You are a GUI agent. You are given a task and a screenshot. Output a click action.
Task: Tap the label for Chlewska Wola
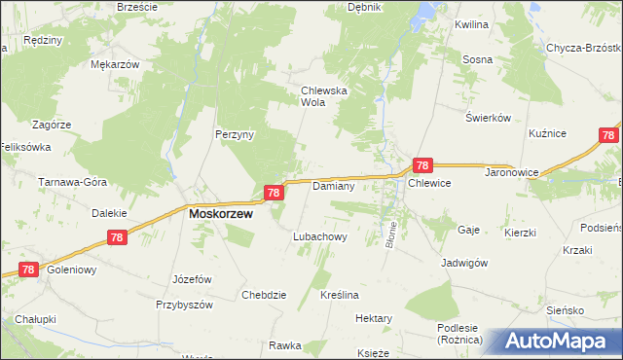[317, 95]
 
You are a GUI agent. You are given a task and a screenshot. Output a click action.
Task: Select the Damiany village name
[332, 185]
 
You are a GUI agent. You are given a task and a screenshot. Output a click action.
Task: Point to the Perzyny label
[235, 135]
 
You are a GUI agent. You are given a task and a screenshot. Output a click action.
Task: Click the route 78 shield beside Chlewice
[422, 166]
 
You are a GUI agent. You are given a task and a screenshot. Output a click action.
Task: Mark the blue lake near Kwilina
[424, 12]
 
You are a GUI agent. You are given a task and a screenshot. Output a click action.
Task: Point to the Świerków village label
[488, 118]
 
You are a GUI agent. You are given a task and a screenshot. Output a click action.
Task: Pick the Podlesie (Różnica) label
[463, 333]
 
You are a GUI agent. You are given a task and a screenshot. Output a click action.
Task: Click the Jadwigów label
[463, 263]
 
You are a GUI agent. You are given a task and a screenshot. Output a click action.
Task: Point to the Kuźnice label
[547, 131]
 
